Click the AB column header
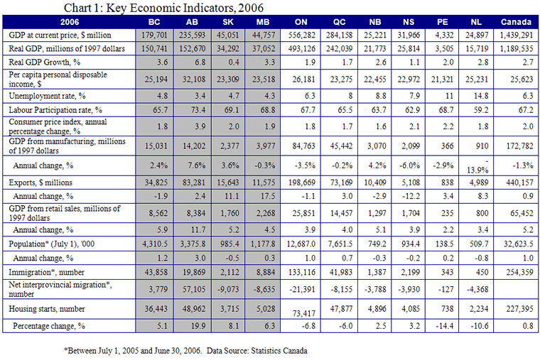192,22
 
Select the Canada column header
516,22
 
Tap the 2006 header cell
70,22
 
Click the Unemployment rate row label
47,96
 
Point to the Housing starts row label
47,309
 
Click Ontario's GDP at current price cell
302,35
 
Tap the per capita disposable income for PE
443,79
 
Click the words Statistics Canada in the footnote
279,351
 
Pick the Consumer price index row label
58,126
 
